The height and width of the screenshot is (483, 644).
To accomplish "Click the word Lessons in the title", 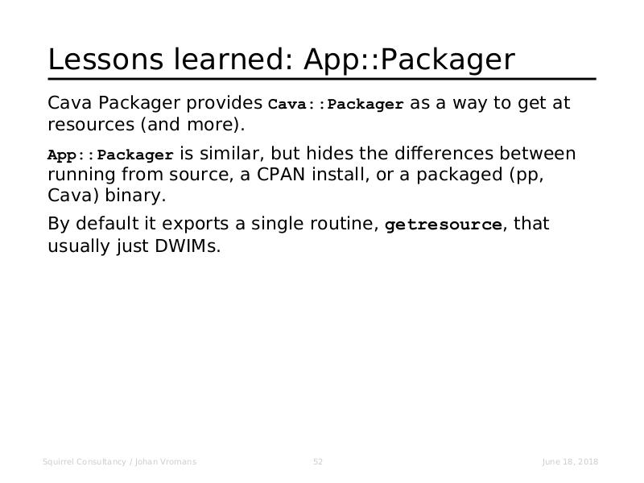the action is (105, 59).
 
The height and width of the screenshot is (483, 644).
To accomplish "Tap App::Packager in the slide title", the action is (409, 60).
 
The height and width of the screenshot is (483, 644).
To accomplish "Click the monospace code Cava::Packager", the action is (336, 104).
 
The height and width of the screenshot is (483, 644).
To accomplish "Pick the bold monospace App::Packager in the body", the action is (110, 155).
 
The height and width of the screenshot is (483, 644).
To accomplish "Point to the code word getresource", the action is (444, 225).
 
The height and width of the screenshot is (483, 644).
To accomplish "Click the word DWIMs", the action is (188, 246).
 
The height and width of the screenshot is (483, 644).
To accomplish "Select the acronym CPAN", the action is (281, 175).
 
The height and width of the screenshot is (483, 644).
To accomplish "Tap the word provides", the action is (225, 103).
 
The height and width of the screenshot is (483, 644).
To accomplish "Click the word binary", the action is (135, 196).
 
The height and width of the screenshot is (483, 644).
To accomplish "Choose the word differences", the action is (444, 153).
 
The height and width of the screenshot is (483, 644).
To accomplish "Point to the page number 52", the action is (318, 461).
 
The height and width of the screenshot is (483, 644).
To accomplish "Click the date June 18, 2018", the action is (570, 461).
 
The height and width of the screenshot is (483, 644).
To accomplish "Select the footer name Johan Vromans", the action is (166, 461).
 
